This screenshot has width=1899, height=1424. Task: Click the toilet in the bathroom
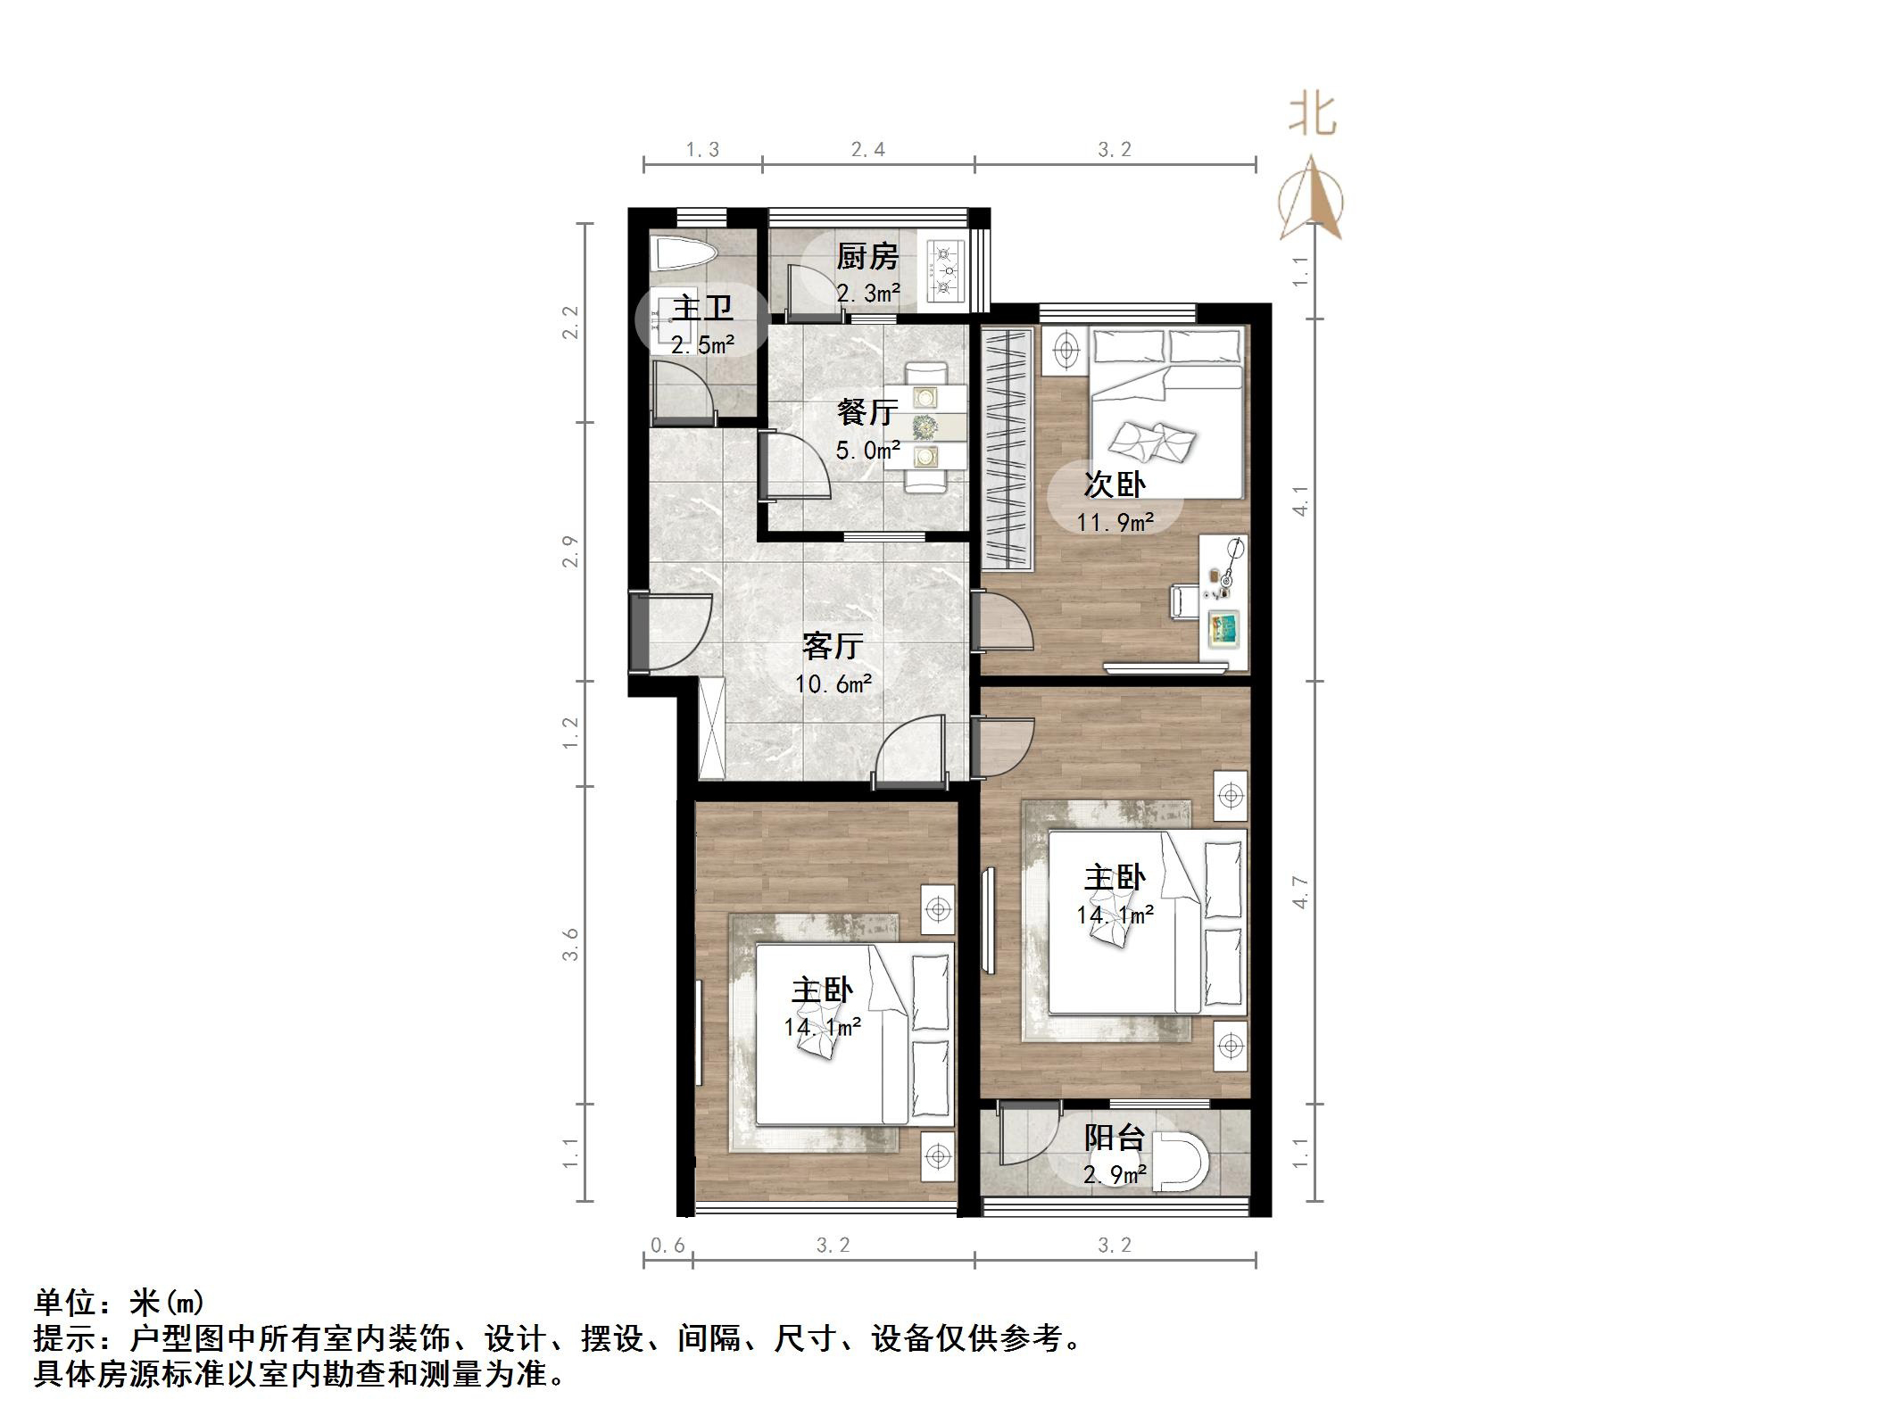tap(684, 255)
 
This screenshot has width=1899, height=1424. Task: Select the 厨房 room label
tap(867, 257)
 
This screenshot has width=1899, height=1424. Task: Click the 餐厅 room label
tap(867, 412)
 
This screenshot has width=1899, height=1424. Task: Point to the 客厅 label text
tap(833, 646)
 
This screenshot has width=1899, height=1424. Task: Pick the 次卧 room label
tap(1115, 484)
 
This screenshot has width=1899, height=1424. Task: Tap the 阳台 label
tap(1115, 1138)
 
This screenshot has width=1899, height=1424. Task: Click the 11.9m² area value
tap(1115, 522)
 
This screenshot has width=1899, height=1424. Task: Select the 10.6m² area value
tap(833, 684)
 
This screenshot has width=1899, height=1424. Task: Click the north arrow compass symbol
tap(1311, 199)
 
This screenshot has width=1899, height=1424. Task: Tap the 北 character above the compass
tap(1313, 115)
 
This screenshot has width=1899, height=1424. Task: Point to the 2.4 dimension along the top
tap(868, 150)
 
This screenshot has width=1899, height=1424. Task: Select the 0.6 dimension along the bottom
tap(668, 1245)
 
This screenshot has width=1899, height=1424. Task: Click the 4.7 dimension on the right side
tap(1301, 892)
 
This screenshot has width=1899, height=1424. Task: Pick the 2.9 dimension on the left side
tap(571, 551)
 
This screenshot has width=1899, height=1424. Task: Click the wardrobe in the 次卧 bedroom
tap(1008, 449)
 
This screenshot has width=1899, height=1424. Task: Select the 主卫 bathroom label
tap(702, 309)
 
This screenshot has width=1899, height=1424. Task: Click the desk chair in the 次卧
tap(1184, 600)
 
